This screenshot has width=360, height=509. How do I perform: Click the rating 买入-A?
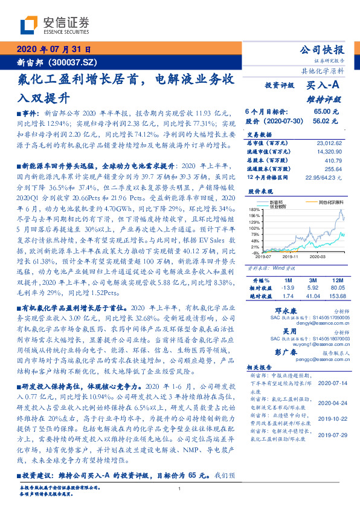pos(324,86)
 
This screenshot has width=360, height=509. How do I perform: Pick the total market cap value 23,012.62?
pos(329,143)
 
